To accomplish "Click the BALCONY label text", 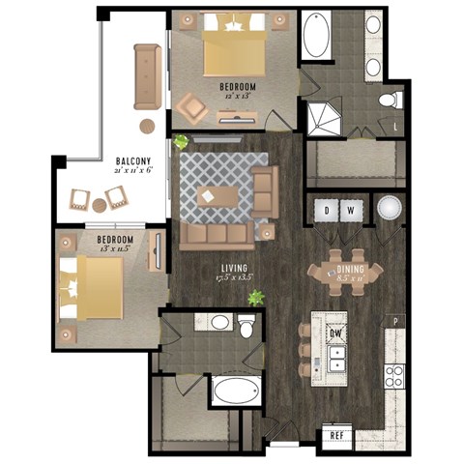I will (x=131, y=161).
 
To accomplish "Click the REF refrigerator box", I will (x=336, y=436).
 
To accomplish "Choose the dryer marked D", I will (x=327, y=210).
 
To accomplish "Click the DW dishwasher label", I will (x=336, y=334).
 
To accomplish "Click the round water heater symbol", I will (x=389, y=210).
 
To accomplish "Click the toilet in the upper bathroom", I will (x=390, y=100).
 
